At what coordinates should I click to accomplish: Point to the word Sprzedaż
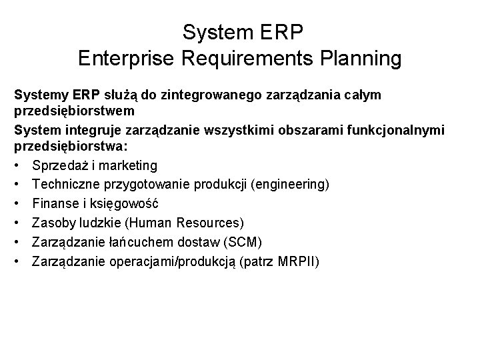(x=59, y=165)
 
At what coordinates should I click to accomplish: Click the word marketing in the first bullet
(x=128, y=165)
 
